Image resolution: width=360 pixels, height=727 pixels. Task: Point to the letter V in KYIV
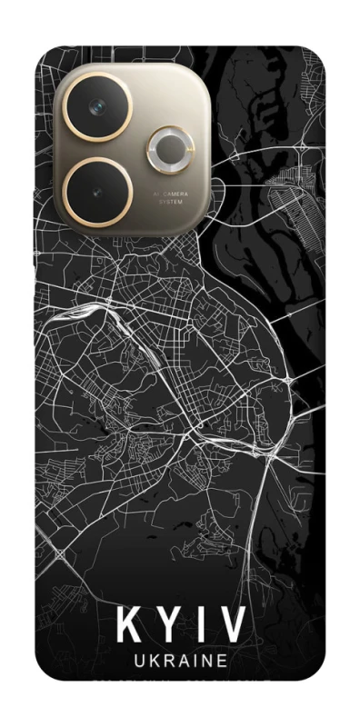[x=232, y=627]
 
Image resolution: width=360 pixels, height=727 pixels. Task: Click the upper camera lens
[x=96, y=107]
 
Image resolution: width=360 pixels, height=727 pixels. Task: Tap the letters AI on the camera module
[x=155, y=194]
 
